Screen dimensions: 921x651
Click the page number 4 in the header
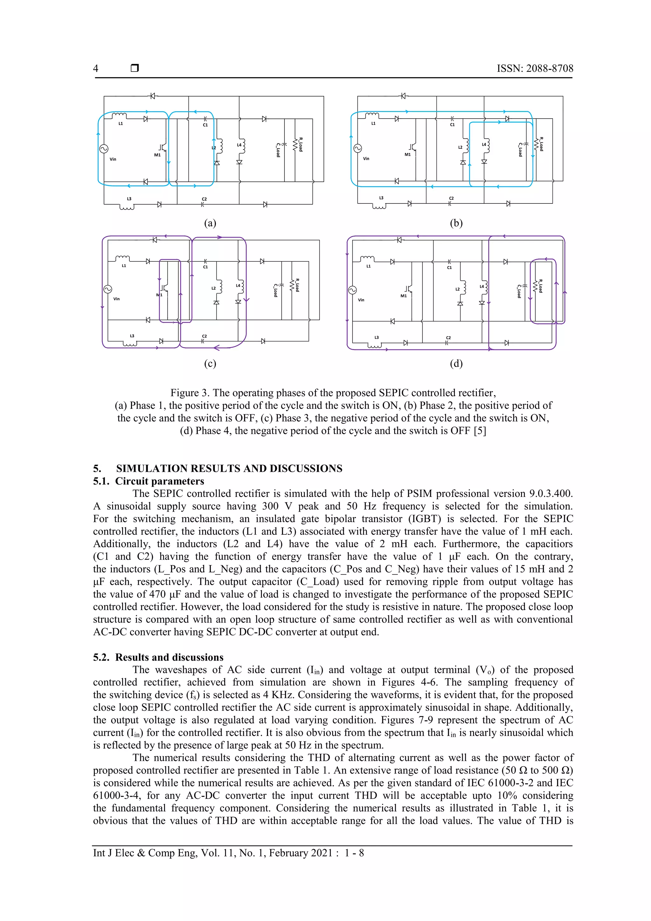[x=95, y=69]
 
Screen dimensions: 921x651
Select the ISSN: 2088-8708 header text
[x=535, y=69]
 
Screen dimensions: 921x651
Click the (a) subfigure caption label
[x=210, y=223]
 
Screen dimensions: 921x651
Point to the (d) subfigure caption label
[x=456, y=363]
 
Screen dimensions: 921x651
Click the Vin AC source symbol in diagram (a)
[x=104, y=149]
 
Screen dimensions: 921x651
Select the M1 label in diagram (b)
[x=408, y=155]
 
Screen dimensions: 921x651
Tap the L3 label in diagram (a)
[x=129, y=199]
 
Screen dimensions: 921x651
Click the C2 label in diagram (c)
[x=204, y=336]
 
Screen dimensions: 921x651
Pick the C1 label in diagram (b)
[x=452, y=124]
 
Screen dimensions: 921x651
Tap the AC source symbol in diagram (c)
[x=107, y=289]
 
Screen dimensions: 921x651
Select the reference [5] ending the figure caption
[x=480, y=431]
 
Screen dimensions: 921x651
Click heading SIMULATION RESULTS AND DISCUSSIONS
[x=229, y=469]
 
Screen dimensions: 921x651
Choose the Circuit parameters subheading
[x=160, y=481]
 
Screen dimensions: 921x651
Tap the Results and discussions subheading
[x=169, y=657]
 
